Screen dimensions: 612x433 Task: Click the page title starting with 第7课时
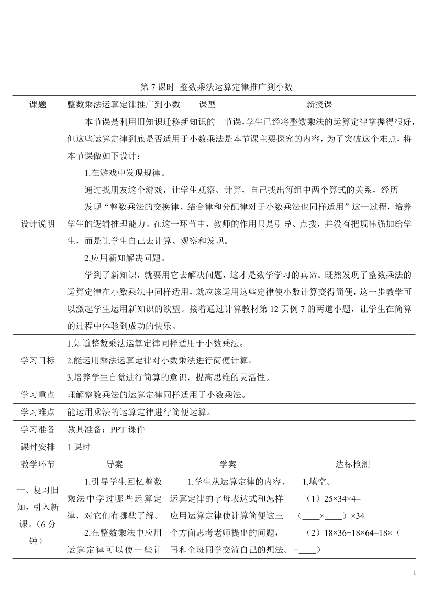[217, 87]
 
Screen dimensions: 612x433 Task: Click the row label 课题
[38, 104]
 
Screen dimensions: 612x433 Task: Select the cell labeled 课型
[207, 104]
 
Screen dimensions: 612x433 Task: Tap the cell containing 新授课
[319, 104]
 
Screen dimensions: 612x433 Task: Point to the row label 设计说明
[38, 224]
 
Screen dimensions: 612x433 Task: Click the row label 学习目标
[38, 361]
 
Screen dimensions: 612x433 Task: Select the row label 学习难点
[38, 412]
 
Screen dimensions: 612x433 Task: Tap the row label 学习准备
[38, 429]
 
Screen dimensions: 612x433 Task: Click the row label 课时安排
[38, 447]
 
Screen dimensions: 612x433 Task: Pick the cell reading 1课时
[80, 447]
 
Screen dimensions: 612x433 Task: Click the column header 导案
[114, 464]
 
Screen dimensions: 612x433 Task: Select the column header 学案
[228, 464]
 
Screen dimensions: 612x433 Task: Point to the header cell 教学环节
[38, 464]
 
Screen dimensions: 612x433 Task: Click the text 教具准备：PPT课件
[106, 429]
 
